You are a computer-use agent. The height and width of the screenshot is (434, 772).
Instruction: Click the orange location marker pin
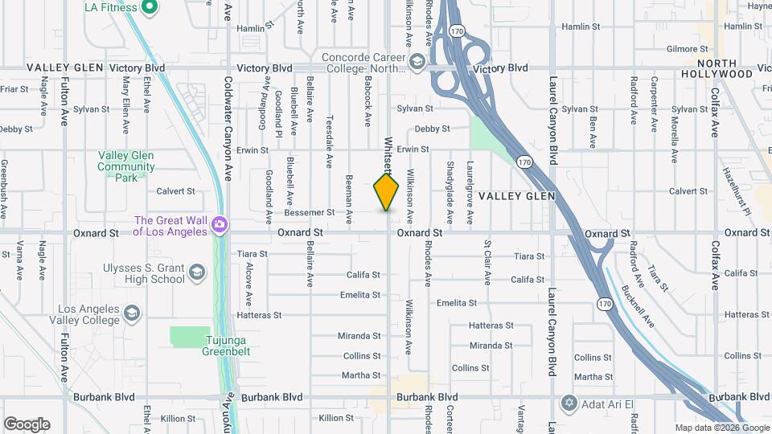[387, 192]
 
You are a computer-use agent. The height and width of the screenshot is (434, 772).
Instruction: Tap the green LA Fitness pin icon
[149, 8]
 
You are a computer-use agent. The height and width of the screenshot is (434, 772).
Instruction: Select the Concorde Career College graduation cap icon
[417, 62]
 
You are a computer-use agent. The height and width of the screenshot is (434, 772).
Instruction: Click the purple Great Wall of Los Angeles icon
[219, 226]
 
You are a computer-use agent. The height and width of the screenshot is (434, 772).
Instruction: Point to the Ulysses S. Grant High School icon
[196, 274]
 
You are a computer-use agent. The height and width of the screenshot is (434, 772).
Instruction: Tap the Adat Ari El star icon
[570, 402]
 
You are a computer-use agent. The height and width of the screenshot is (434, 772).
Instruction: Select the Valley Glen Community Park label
[126, 166]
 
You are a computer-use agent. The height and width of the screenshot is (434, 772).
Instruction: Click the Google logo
[27, 424]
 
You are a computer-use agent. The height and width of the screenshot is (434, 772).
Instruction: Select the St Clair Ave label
[487, 261]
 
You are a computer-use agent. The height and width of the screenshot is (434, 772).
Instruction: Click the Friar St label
[14, 89]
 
